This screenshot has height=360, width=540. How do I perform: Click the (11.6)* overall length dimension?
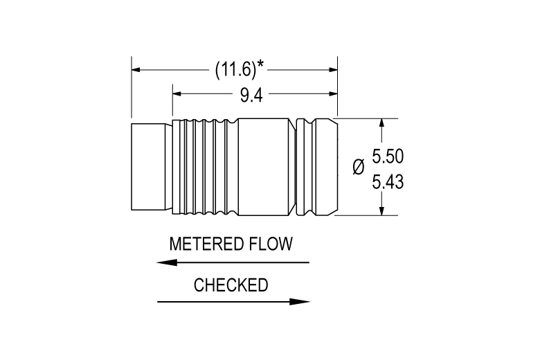tap(240, 70)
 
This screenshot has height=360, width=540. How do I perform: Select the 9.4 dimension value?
tap(251, 95)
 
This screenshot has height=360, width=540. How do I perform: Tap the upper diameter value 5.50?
tap(388, 156)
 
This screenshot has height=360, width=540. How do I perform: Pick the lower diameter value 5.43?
tap(388, 182)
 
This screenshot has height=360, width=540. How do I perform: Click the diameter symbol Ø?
tap(359, 167)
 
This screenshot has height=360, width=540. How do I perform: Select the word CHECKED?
tap(231, 285)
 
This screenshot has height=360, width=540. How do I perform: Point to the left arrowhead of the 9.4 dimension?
tap(177, 93)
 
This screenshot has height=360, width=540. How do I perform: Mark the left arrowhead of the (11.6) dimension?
tap(136, 70)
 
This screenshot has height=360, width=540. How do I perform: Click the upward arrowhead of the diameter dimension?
tap(381, 124)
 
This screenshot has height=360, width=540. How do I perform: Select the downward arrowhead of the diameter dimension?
tap(381, 211)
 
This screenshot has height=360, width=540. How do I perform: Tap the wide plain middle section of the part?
tap(264, 167)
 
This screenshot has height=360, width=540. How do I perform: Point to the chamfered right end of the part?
tap(327, 167)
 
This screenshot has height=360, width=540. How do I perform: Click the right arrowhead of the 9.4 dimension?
tap(333, 93)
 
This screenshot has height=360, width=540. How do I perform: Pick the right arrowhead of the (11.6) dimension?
tap(333, 70)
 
